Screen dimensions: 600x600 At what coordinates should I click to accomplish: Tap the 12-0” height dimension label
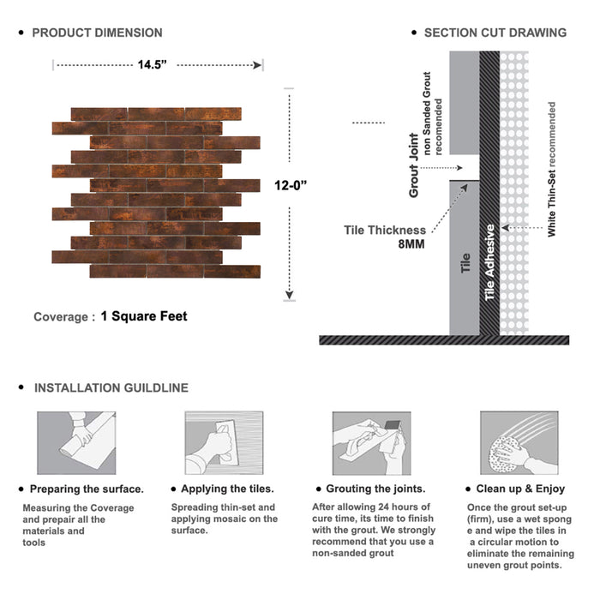[291, 184]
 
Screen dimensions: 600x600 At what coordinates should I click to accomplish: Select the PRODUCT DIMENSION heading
[97, 33]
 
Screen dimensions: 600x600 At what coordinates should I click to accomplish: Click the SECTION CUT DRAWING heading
[495, 33]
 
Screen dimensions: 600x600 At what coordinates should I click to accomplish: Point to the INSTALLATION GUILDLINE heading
[111, 387]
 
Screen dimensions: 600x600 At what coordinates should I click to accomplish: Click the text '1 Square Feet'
[143, 316]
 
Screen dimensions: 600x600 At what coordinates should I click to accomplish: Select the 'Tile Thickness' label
[385, 230]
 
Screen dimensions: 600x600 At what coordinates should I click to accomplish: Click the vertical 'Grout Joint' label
[414, 165]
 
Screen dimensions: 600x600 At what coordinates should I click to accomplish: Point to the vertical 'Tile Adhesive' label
[490, 262]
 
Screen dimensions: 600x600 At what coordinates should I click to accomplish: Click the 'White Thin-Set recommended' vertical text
[552, 169]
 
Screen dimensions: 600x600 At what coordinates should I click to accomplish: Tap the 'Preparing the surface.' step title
[87, 489]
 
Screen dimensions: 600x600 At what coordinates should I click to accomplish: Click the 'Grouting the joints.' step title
[375, 489]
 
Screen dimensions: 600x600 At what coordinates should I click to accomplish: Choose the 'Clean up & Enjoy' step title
[522, 489]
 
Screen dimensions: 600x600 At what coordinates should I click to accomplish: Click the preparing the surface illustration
[76, 443]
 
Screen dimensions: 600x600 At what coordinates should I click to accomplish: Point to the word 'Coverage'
[60, 317]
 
